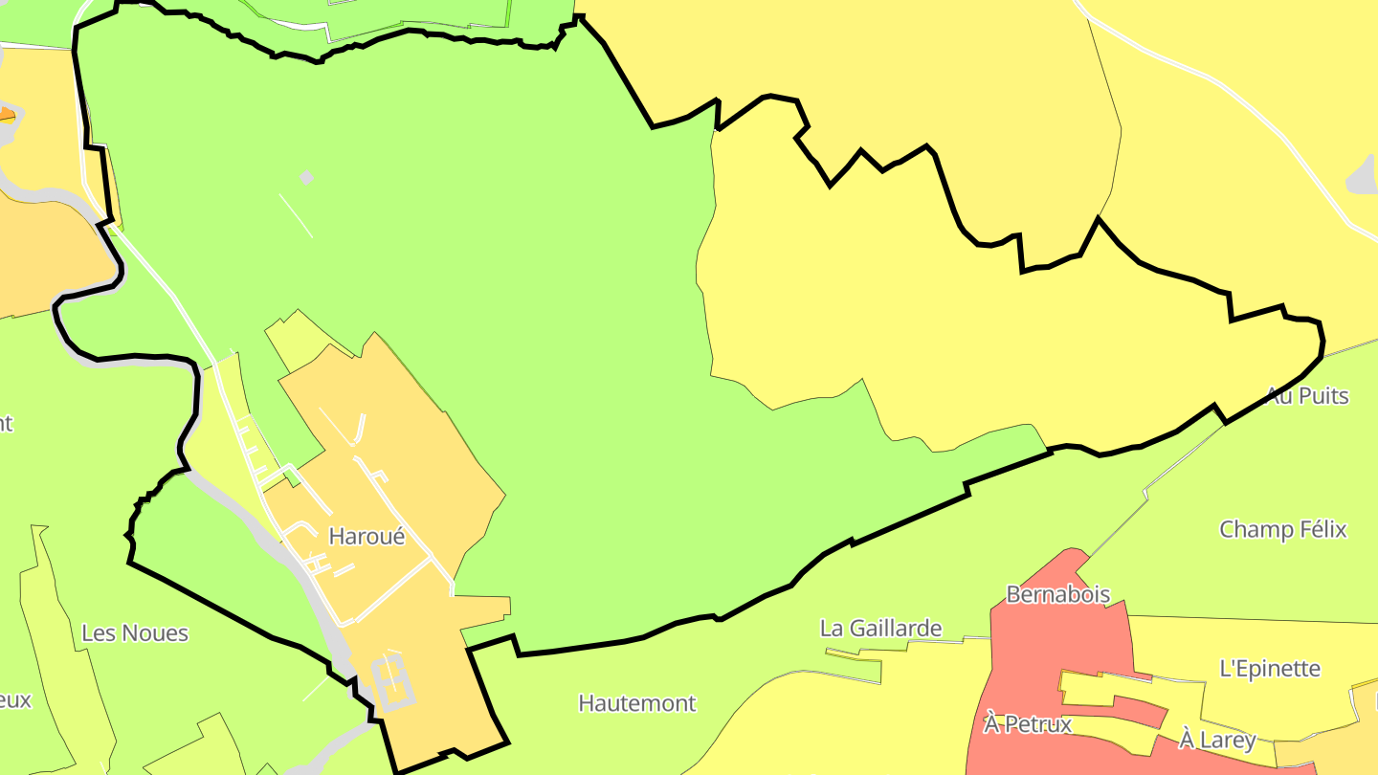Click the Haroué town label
pos(367,537)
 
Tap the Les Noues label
pos(135,633)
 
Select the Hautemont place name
pos(636,703)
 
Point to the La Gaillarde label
pos(880,629)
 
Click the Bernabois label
pos(1057,594)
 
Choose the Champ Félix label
pos(1282,529)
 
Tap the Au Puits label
pos(1307,395)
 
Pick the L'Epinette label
pos(1270,669)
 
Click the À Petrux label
pos(1028,724)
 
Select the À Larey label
pos(1217,740)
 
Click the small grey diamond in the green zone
pos(306,177)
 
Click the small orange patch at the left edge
pos(7,116)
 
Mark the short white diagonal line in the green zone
pos(296,216)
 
